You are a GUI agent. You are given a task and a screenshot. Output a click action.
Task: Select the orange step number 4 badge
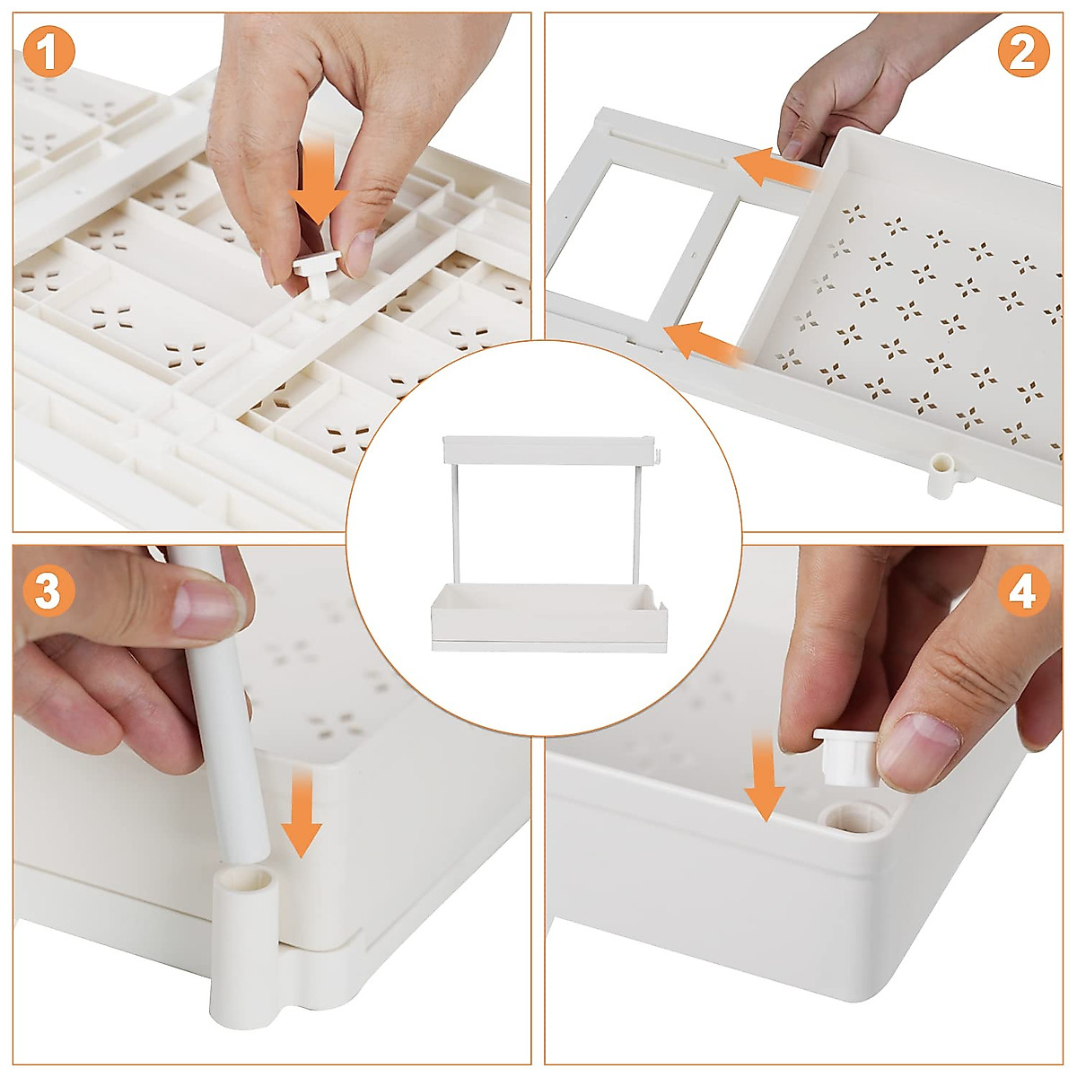1023,591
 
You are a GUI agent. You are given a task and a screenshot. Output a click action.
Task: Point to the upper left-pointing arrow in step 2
775,168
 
